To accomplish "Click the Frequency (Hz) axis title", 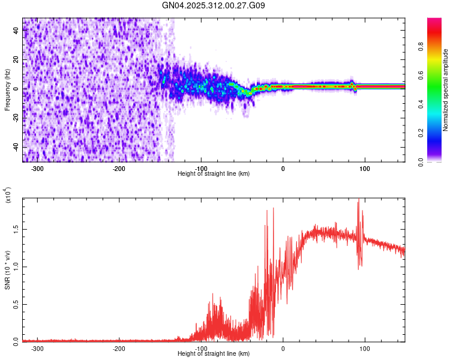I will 7,89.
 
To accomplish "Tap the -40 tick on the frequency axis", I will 16,148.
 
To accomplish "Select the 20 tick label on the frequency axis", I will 16,60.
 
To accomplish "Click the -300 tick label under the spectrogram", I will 37,168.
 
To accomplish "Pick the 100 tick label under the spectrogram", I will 364,168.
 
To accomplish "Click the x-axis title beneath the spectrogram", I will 214,174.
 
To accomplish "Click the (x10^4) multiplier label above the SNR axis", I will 8,196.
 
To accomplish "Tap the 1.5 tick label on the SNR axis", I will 16,229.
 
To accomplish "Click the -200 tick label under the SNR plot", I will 119,348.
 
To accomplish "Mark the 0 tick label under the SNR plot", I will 283,348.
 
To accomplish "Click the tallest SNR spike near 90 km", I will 358,200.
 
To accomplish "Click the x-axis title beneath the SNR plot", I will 214,354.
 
